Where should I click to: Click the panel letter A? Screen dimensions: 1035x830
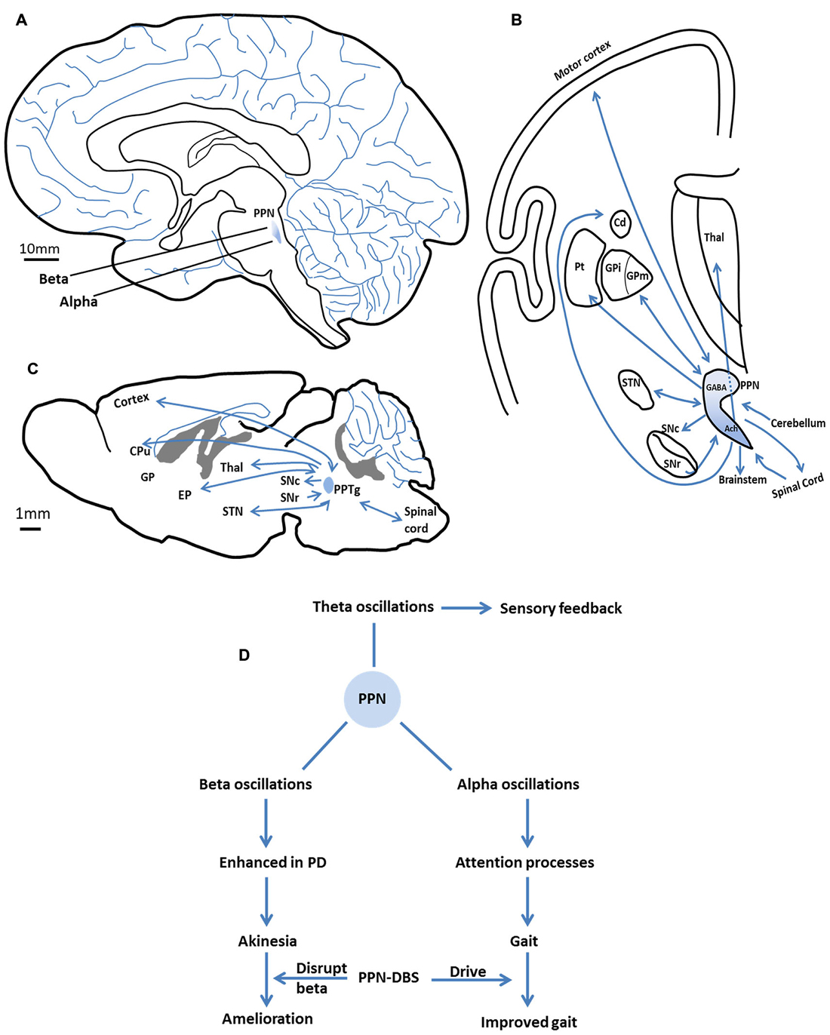pos(21,20)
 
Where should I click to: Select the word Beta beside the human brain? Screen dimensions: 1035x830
pos(54,279)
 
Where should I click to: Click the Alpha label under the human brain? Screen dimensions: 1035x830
pos(78,302)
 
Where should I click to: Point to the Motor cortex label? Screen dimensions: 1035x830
pos(582,61)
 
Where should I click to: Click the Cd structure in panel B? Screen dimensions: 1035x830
pos(619,222)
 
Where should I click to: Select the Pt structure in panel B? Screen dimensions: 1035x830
pos(579,267)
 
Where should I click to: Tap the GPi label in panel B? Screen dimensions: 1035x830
pos(613,268)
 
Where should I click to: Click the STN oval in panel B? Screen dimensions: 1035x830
pos(632,388)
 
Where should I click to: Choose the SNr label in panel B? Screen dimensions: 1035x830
pos(672,464)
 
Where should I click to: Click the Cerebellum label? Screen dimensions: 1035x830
pos(798,423)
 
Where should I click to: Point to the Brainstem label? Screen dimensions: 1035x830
pos(742,480)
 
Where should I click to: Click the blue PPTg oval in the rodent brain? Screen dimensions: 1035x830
pos(328,485)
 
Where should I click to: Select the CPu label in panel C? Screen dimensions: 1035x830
pos(140,451)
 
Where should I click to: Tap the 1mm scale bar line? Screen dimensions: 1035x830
pos(30,529)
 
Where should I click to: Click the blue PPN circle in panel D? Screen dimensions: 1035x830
pos(372,699)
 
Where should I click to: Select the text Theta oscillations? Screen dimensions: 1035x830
pos(373,607)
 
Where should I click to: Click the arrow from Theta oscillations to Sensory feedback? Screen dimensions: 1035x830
pos(466,607)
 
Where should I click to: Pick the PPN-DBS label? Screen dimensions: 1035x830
pos(389,978)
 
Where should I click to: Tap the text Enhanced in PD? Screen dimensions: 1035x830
pos(272,862)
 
